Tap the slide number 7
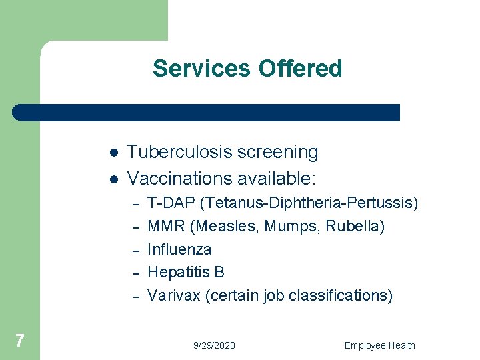[20, 341]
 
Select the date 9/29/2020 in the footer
[214, 345]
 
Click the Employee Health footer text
[379, 345]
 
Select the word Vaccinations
[177, 178]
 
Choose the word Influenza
[179, 249]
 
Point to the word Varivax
[173, 295]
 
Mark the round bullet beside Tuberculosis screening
[114, 153]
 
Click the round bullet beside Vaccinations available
[114, 179]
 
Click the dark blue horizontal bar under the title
[207, 113]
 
